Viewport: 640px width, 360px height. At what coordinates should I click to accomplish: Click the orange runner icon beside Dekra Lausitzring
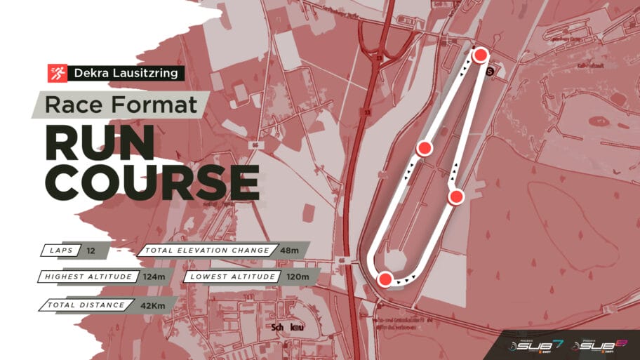pyautogui.click(x=57, y=73)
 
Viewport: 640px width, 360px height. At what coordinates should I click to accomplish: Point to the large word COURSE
pyautogui.click(x=152, y=182)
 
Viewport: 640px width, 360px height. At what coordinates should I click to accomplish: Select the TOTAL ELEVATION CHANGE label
pyautogui.click(x=207, y=250)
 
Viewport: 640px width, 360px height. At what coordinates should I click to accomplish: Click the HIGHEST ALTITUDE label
pyautogui.click(x=88, y=276)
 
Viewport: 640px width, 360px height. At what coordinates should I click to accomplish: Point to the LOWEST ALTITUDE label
pyautogui.click(x=231, y=276)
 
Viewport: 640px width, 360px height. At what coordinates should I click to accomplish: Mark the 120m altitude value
pyautogui.click(x=297, y=276)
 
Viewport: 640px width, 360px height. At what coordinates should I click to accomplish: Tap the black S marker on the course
pyautogui.click(x=490, y=70)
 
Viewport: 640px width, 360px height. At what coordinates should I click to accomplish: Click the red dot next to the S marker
pyautogui.click(x=480, y=55)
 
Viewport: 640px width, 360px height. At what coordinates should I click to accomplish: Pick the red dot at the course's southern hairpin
pyautogui.click(x=384, y=279)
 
